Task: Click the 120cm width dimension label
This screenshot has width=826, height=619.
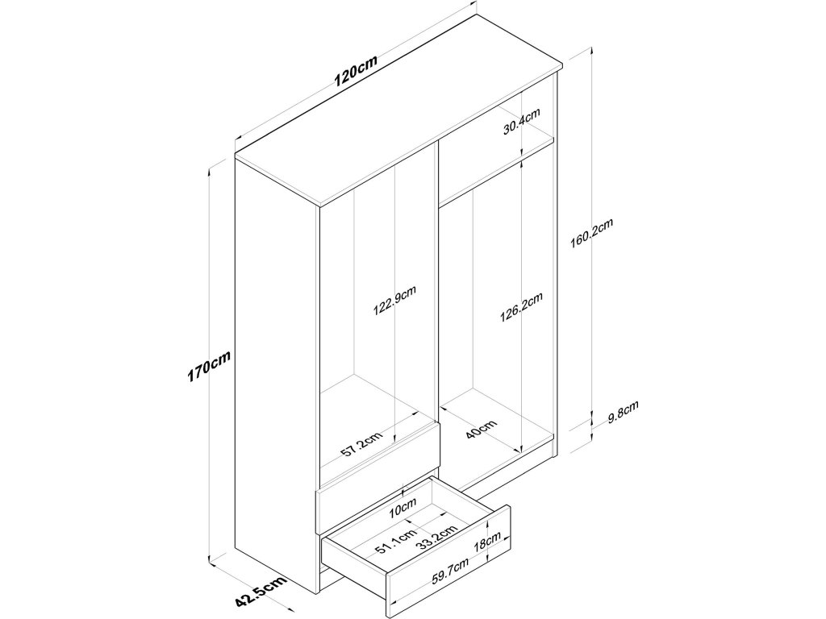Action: [356, 74]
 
